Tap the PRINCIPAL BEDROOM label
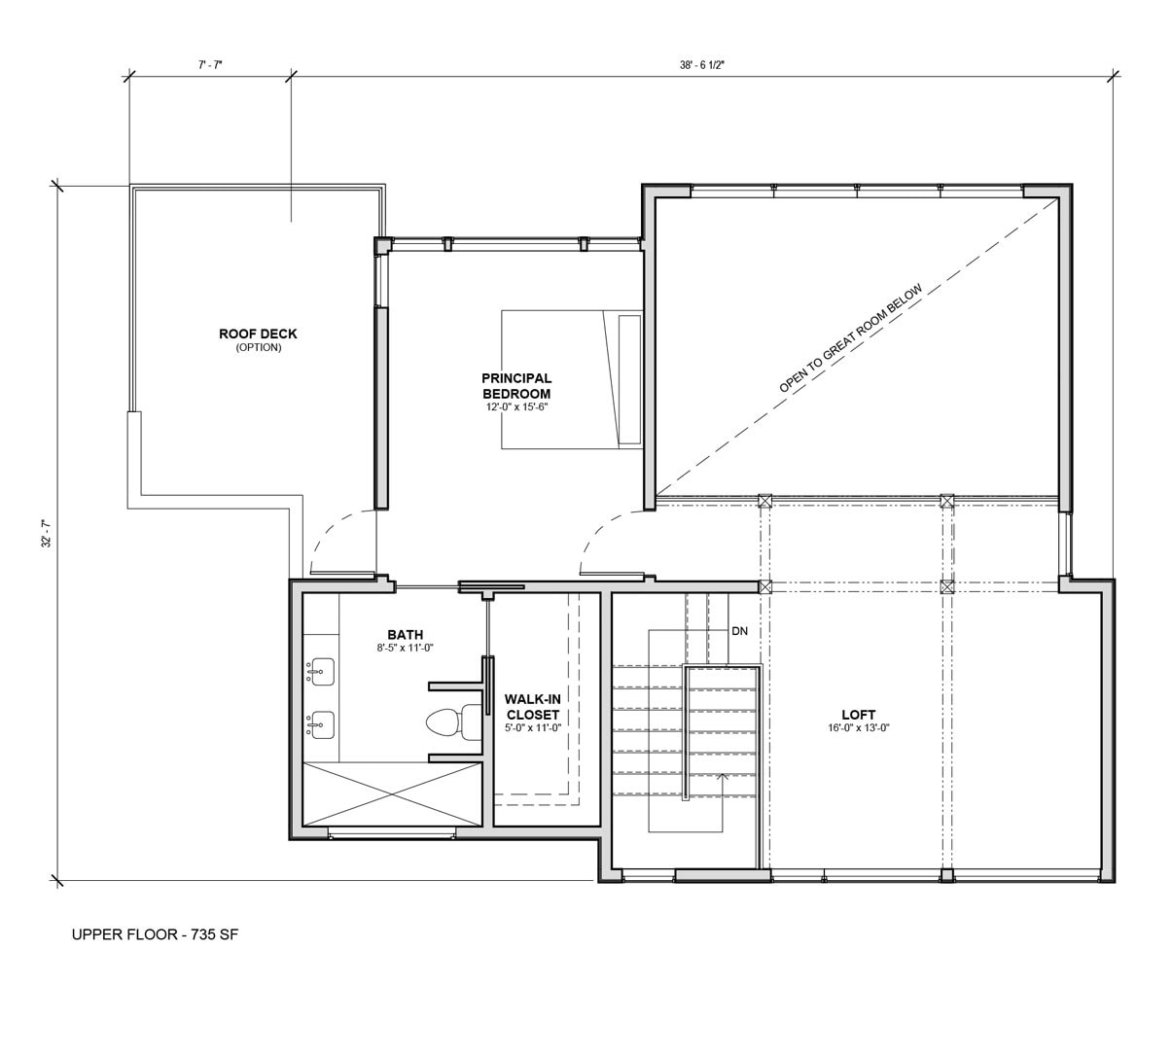[516, 386]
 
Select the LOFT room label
[858, 714]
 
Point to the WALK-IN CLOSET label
[533, 707]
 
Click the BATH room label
[405, 634]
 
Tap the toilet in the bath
[454, 722]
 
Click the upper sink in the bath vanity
[320, 672]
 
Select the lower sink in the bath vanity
[320, 724]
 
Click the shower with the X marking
[392, 793]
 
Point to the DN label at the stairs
[739, 631]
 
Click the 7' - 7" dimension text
[210, 65]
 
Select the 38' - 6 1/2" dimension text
[701, 65]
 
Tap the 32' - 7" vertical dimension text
[47, 534]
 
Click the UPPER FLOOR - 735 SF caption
[155, 934]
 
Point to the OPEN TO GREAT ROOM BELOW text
[851, 337]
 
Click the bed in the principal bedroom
[572, 380]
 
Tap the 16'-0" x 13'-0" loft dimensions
[858, 728]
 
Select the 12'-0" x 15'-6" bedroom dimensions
[516, 406]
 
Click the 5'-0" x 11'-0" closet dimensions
[533, 728]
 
